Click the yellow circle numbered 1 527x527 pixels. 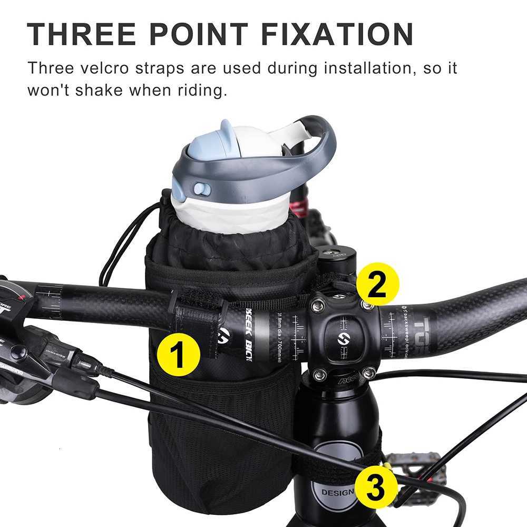178,354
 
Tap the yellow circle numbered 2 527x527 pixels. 377,284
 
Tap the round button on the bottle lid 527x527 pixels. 201,189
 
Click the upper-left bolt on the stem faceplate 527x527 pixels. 318,304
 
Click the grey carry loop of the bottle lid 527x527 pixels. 311,153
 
